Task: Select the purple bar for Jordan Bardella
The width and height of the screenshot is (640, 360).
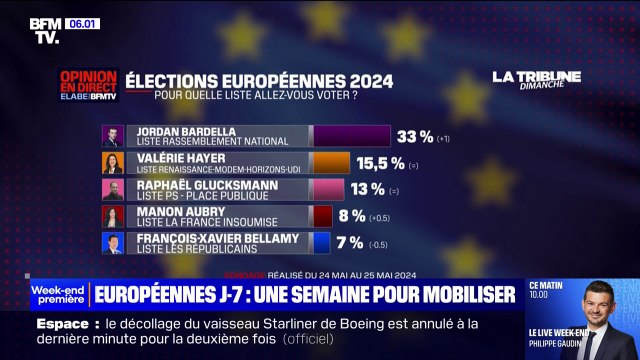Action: (351, 136)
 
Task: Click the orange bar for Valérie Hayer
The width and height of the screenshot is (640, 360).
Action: (331, 163)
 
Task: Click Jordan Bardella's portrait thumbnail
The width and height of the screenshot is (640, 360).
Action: (112, 136)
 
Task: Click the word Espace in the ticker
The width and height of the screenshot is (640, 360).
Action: (65, 324)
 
